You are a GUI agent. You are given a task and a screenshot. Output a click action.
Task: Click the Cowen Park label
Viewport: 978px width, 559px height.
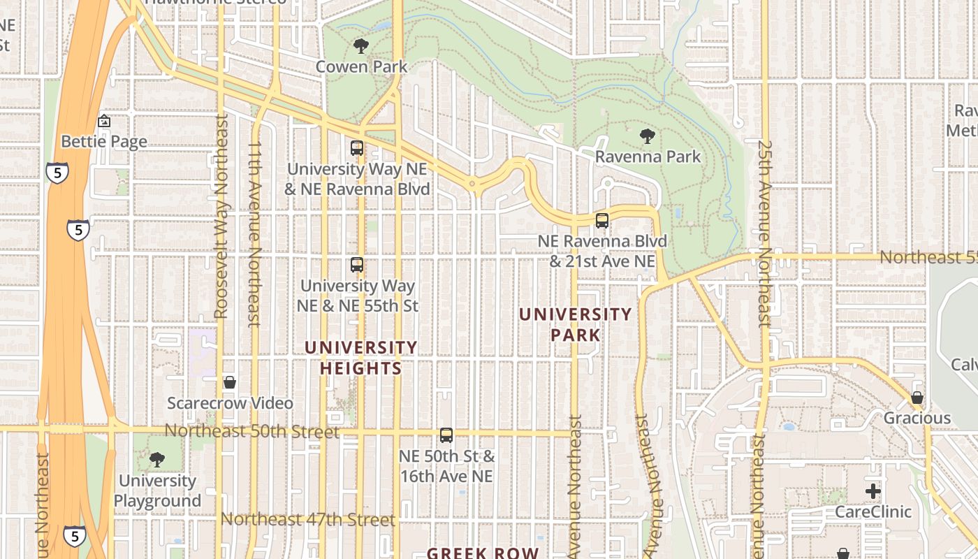(361, 67)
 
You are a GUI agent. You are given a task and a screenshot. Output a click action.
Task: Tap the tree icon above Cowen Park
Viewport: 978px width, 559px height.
(360, 47)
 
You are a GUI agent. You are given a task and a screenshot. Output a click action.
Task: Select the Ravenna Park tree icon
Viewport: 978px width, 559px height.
(648, 136)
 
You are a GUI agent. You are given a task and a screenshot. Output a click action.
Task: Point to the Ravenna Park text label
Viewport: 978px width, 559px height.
(648, 157)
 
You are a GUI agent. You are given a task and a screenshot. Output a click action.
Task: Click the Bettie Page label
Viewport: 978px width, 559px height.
(104, 142)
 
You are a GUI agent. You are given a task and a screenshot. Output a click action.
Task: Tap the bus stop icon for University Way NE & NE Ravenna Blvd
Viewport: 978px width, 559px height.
(357, 148)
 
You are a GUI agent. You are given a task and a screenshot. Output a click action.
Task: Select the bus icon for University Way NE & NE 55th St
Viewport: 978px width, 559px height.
(357, 265)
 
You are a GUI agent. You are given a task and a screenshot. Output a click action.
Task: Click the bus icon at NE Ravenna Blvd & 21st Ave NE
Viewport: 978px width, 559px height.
(602, 221)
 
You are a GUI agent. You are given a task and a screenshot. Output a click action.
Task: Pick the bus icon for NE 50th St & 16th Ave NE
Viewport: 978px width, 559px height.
(446, 435)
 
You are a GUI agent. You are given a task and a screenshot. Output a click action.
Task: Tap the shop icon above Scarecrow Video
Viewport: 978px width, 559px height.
(230, 382)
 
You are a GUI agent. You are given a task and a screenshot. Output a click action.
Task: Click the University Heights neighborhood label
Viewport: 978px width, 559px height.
(361, 358)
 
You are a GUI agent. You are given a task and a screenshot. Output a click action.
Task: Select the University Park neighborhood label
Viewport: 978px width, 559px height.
(576, 324)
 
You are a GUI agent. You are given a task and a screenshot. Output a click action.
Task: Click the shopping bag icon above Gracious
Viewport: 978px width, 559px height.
(917, 398)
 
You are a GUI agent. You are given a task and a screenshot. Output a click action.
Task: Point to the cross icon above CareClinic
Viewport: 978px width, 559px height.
(873, 491)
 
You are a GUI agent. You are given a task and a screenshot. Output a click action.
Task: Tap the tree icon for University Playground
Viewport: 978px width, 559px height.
(157, 460)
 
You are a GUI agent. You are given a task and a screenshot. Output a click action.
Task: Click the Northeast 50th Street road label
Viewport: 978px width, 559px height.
(251, 431)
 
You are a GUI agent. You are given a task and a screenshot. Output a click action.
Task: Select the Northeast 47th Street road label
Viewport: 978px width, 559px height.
(308, 520)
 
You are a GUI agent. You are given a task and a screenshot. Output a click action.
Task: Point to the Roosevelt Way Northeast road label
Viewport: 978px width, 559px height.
(222, 217)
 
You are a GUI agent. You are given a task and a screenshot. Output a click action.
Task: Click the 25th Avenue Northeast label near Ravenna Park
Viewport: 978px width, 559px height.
(764, 234)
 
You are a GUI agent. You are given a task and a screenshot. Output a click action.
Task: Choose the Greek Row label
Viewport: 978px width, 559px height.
(483, 553)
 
